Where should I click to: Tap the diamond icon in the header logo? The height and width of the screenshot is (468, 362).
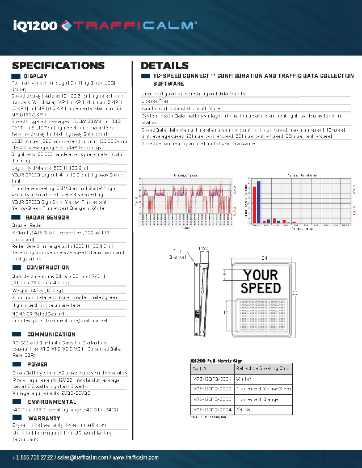[x=66, y=24]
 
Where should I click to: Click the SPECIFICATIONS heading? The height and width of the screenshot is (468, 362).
[x=58, y=65]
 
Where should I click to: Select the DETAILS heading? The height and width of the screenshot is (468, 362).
[x=165, y=65]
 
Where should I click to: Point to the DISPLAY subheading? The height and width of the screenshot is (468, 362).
[x=35, y=76]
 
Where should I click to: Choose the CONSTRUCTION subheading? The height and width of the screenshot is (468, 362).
[x=48, y=267]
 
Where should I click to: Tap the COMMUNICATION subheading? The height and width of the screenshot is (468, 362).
[x=51, y=335]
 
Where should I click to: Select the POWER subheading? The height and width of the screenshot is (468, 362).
[x=37, y=364]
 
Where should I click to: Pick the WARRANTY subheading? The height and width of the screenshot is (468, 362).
[x=44, y=418]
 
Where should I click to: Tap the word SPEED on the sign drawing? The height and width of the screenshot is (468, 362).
[x=260, y=288]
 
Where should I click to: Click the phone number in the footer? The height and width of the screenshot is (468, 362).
[x=33, y=458]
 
